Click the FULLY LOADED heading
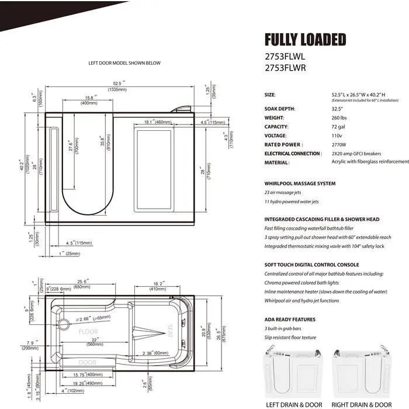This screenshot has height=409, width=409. pos(305,40)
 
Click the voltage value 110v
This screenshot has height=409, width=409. pos(337,135)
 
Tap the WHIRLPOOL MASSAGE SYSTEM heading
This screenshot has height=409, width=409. pos(300,183)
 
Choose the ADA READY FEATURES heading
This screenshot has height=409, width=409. pos(290,320)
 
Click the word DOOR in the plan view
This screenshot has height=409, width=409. pos(87,362)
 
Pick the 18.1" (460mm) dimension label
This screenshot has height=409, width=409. pos(157,122)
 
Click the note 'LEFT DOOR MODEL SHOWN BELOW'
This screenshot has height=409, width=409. pos(124,63)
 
